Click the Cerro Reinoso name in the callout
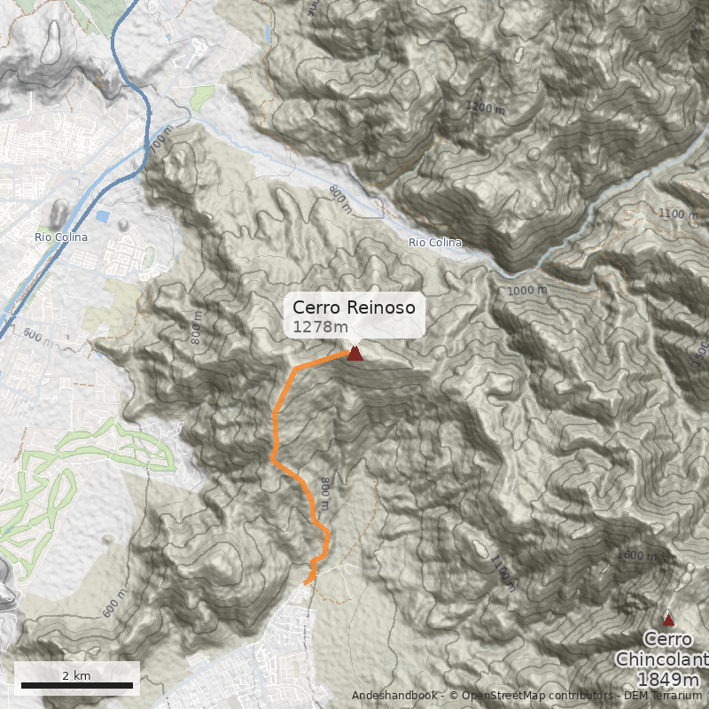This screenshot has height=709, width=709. [x=354, y=308]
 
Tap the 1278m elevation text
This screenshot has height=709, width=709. [x=321, y=327]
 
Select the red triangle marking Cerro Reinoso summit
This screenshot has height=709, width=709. [x=354, y=354]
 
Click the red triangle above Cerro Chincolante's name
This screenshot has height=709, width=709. [x=668, y=620]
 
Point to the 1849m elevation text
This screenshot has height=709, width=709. [x=667, y=679]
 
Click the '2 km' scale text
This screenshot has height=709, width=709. [x=76, y=675]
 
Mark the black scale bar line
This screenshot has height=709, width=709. [x=76, y=685]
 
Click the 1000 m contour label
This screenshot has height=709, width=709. [x=527, y=291]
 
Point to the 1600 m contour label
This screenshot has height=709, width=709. [x=637, y=555]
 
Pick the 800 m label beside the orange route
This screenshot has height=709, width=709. [x=325, y=494]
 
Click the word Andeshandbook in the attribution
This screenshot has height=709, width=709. [x=394, y=696]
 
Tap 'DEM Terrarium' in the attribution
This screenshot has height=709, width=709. [x=660, y=696]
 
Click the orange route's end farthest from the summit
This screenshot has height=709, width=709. [x=307, y=582]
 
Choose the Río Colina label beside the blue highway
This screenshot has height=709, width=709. [x=61, y=238]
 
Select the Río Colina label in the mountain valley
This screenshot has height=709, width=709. [x=435, y=243]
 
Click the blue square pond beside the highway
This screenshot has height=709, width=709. [x=104, y=216]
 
